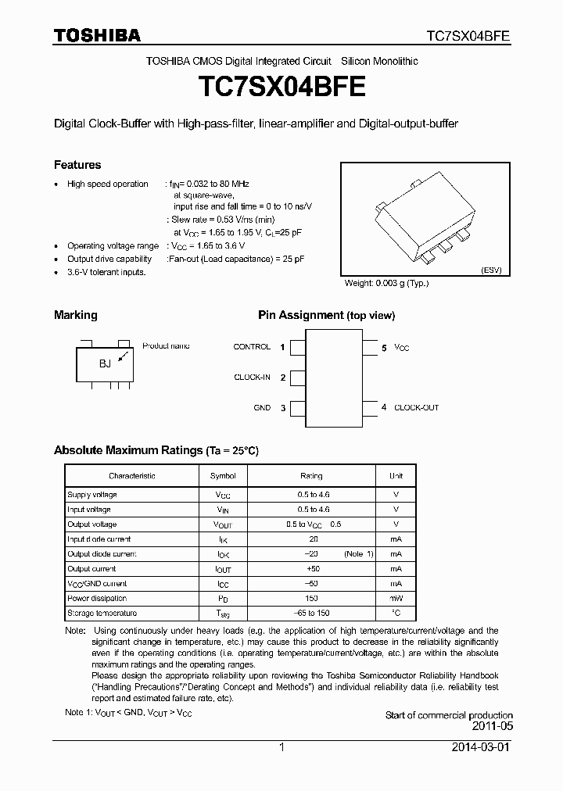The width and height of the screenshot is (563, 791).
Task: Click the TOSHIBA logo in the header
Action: (x=97, y=35)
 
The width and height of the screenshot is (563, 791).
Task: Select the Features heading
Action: (x=77, y=165)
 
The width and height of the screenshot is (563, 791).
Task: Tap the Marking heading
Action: (x=76, y=315)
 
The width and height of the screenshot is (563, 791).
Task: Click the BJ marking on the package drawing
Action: (x=105, y=363)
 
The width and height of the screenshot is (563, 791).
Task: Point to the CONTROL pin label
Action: (x=252, y=347)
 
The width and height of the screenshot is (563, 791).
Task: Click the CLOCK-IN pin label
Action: (x=252, y=378)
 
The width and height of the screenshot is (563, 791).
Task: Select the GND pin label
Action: (x=262, y=408)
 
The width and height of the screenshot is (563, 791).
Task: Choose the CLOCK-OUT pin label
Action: (x=416, y=408)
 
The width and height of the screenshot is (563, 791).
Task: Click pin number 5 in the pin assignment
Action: (x=384, y=348)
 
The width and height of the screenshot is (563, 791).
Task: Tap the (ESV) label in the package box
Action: (x=492, y=270)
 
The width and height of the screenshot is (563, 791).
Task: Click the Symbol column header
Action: (x=223, y=476)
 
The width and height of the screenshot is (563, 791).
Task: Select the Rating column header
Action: (x=311, y=476)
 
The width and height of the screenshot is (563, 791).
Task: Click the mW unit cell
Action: (x=396, y=599)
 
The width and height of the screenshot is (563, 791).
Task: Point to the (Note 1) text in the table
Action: (x=359, y=554)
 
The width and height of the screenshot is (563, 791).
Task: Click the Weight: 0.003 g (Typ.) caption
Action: (x=386, y=284)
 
